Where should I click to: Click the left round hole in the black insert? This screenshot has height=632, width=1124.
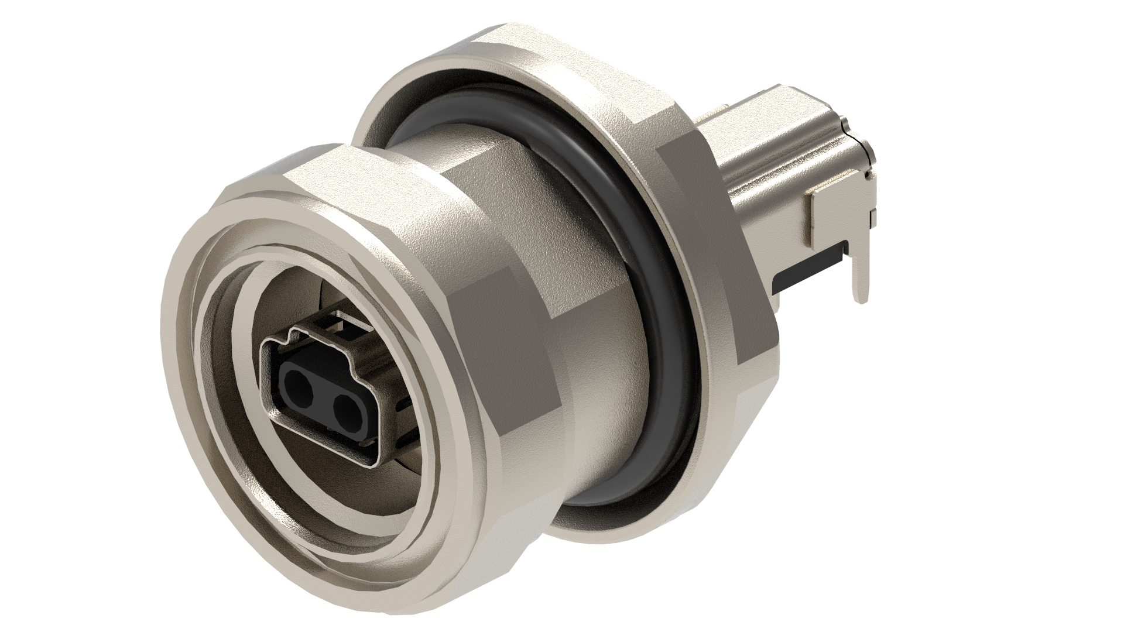(x=297, y=383)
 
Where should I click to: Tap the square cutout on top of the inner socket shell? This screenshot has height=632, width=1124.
(x=333, y=321)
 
